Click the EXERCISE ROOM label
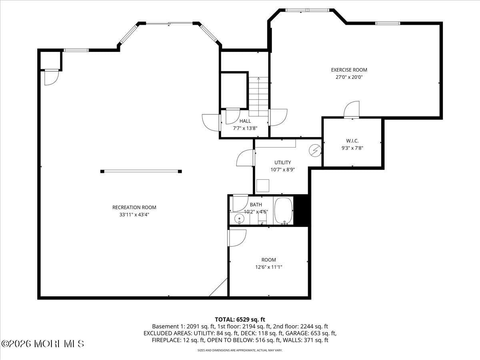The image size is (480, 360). point(349,70)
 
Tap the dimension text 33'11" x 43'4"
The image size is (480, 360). point(134,214)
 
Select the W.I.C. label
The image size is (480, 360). point(352,141)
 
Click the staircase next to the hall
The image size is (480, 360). point(258,96)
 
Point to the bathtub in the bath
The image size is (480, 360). point(284,210)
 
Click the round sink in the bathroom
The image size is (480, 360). point(239,218)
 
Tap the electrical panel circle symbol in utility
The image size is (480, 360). point(316,150)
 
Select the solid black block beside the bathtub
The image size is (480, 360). point(301,210)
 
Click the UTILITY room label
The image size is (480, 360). point(282,162)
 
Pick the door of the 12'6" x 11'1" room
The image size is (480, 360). point(236,238)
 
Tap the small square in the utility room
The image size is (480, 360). point(262,186)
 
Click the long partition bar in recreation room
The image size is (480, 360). point(141,171)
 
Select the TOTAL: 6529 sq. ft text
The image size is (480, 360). point(240,319)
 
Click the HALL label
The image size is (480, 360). point(245,121)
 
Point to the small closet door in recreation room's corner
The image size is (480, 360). point(51,77)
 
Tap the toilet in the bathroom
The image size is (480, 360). point(262,217)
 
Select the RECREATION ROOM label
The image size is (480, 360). point(134,207)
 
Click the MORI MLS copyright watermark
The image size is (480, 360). point(43,344)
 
